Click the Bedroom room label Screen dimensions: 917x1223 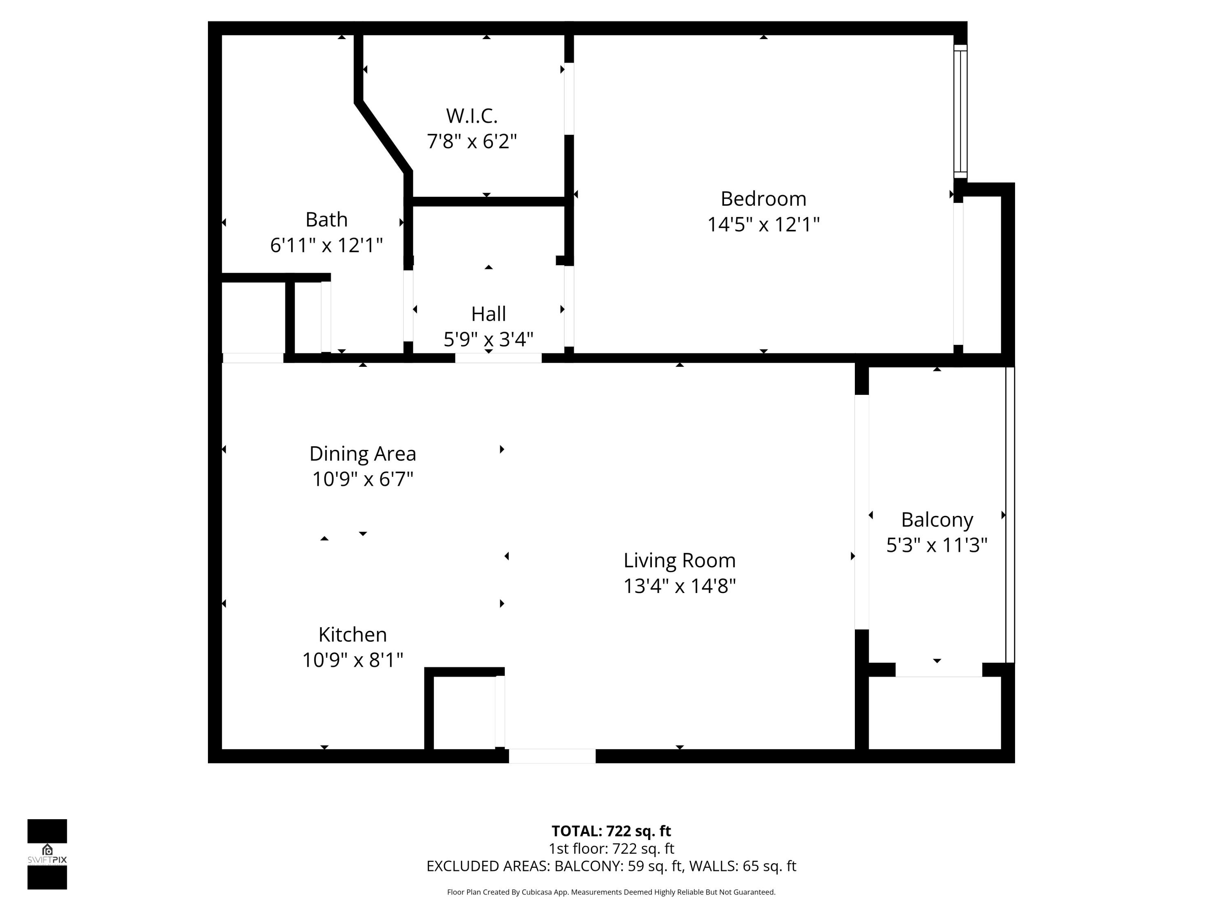point(763,199)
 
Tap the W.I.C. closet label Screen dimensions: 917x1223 point(472,116)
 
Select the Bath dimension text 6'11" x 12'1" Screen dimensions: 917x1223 point(326,245)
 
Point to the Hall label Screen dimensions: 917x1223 point(488,314)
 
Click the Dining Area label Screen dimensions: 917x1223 point(362,454)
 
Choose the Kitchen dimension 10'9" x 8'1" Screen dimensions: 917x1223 point(353,660)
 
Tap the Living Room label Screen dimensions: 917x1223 point(680,560)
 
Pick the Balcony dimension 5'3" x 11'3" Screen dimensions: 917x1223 point(936,545)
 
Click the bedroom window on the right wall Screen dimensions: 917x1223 point(960,112)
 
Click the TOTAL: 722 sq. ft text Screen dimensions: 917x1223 point(611,831)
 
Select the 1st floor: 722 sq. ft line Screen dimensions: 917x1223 point(611,849)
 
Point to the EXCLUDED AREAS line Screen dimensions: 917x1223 point(611,866)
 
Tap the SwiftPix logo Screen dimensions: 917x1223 point(47,854)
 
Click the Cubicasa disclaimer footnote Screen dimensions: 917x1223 point(611,892)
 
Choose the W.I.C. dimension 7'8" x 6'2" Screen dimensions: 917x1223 point(472,141)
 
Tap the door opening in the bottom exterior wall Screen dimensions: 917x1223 point(552,756)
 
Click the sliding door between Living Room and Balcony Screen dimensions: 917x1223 point(861,512)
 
